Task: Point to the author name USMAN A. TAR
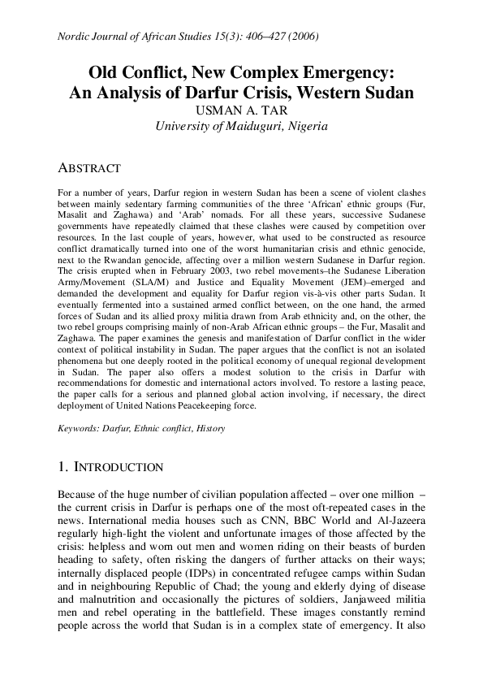pyautogui.click(x=241, y=109)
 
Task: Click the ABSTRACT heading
pyautogui.click(x=89, y=168)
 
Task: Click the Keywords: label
pyautogui.click(x=79, y=426)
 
